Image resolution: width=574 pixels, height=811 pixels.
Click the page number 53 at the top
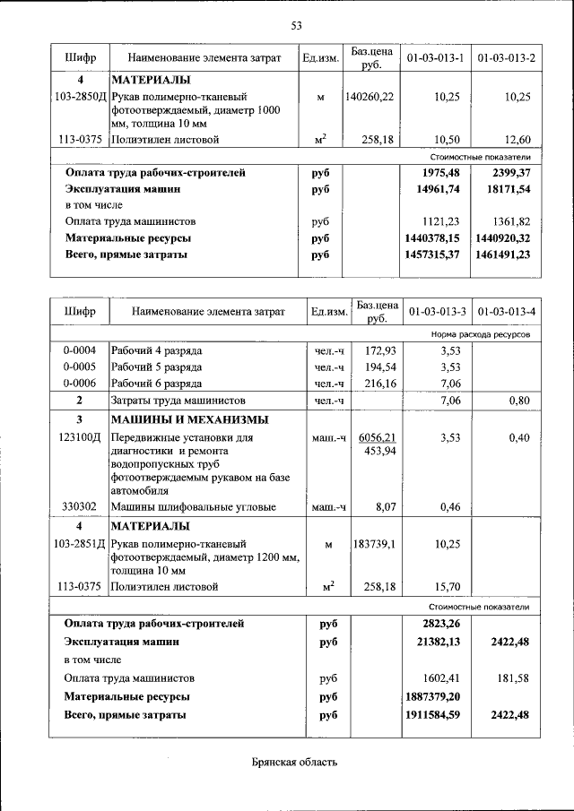(x=295, y=24)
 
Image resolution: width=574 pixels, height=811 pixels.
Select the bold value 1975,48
(x=440, y=173)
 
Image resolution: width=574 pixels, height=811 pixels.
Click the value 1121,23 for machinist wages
(x=441, y=221)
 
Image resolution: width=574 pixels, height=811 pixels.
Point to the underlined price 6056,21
(x=377, y=437)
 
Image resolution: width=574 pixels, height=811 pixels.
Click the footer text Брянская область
(x=294, y=762)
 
